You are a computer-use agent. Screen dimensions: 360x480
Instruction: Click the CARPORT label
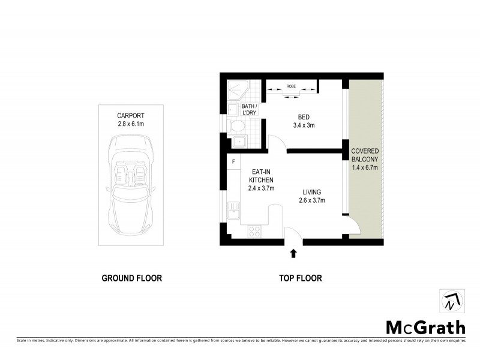pyautogui.click(x=131, y=115)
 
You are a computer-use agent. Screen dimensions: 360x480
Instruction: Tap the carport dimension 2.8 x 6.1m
pyautogui.click(x=131, y=124)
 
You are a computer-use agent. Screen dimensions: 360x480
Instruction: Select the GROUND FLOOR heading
pyautogui.click(x=131, y=278)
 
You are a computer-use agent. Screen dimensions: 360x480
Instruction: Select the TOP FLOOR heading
pyautogui.click(x=301, y=278)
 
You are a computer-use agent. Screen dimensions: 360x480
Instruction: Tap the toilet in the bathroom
pyautogui.click(x=236, y=127)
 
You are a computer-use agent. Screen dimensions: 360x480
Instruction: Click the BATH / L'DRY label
pyautogui.click(x=249, y=110)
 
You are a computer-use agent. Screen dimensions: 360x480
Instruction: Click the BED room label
pyautogui.click(x=303, y=117)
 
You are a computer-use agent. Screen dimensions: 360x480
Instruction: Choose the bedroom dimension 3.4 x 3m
pyautogui.click(x=303, y=125)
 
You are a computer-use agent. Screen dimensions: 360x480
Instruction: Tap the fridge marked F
pyautogui.click(x=233, y=162)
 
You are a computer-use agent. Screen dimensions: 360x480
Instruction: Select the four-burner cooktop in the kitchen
pyautogui.click(x=254, y=230)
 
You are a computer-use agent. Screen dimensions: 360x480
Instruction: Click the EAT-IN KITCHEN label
pyautogui.click(x=261, y=175)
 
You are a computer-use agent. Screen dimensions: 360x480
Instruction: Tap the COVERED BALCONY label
pyautogui.click(x=365, y=155)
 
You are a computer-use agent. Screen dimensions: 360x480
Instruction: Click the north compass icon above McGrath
pyautogui.click(x=451, y=301)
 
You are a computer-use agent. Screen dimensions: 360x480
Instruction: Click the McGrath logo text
pyautogui.click(x=425, y=327)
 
